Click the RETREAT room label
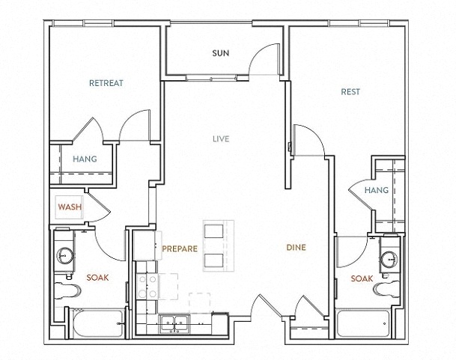106,83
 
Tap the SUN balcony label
221,53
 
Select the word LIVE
221,139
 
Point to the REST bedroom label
350,92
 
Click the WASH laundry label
70,207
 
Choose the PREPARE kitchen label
180,248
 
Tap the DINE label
296,248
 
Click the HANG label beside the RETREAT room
85,159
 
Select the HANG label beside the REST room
377,190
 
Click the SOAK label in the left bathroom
97,278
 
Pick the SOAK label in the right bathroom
362,278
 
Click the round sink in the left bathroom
64,256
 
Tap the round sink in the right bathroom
389,257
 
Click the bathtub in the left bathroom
97,323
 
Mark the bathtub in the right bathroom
362,323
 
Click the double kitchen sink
174,323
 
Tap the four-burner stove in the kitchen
148,287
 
